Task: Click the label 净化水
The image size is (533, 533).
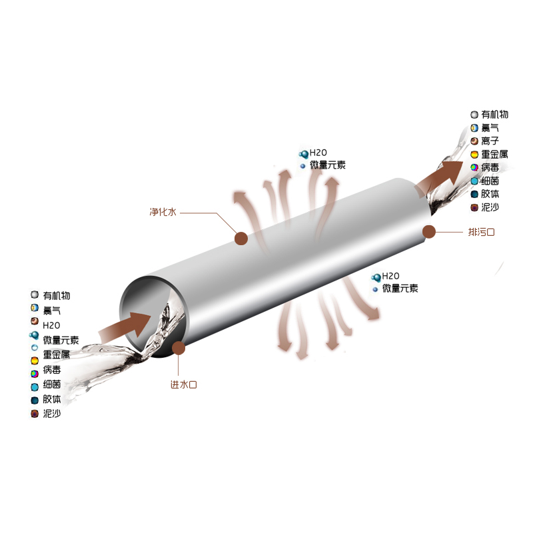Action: [163, 212]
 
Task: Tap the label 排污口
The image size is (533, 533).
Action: [481, 232]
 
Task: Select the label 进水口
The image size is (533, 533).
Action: [184, 384]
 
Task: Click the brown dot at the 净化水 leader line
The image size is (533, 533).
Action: [241, 239]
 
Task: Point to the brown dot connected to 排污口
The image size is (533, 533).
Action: [429, 232]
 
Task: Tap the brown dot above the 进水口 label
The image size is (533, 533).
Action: [179, 348]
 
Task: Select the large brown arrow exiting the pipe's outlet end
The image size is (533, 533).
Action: [440, 177]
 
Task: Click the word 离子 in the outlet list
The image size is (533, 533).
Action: [490, 141]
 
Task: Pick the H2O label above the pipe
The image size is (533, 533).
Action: [318, 153]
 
